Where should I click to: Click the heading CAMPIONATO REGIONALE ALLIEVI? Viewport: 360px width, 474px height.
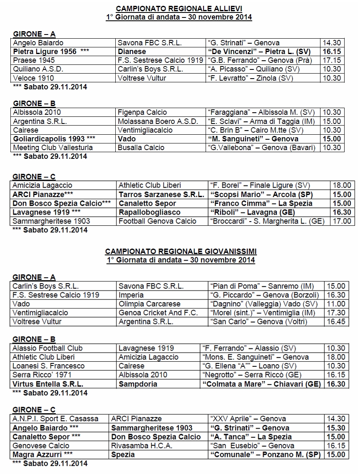[179, 9]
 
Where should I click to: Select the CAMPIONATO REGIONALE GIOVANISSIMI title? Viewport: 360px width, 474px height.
[181, 252]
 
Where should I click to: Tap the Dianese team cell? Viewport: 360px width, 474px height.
[132, 52]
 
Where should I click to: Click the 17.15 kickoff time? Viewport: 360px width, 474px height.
[331, 60]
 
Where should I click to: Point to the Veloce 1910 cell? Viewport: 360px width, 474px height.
[33, 78]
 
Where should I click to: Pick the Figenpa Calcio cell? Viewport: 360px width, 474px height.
[142, 112]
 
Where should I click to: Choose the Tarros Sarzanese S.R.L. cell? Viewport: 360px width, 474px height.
[161, 195]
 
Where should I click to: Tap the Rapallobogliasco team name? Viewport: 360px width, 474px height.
[149, 212]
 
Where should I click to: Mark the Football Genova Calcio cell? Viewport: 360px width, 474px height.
[157, 221]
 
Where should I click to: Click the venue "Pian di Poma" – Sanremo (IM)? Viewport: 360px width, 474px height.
[263, 286]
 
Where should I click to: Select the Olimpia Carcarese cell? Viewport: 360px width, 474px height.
[149, 304]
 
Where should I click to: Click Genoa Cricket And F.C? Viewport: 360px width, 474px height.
[158, 313]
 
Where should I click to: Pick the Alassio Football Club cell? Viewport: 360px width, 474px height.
[47, 348]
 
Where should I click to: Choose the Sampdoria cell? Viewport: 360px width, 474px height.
[138, 384]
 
